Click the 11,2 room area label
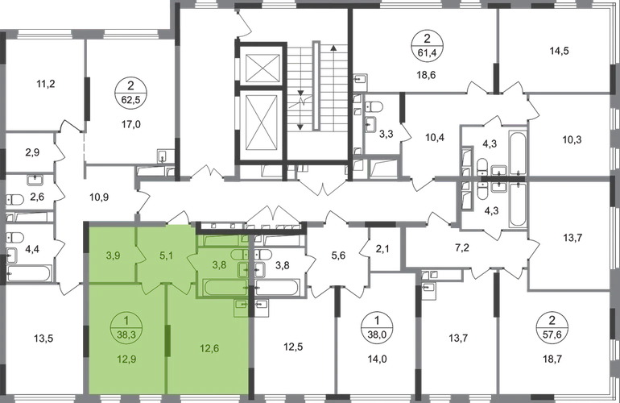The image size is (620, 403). point(46,84)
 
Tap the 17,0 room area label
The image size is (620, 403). point(131,125)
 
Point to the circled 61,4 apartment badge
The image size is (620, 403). point(427,45)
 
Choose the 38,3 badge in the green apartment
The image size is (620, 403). point(126,328)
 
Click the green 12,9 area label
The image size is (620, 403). point(126,359)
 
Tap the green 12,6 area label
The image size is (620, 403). point(209,348)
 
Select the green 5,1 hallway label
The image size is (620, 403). point(167,256)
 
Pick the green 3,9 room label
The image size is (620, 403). point(113,256)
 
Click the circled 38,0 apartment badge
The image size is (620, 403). point(377,326)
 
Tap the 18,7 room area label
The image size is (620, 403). point(552,359)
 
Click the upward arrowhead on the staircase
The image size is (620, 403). point(333,48)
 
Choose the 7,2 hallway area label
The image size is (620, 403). point(462,248)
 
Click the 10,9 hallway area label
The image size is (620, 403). point(99,197)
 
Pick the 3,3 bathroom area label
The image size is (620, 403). point(386,135)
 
